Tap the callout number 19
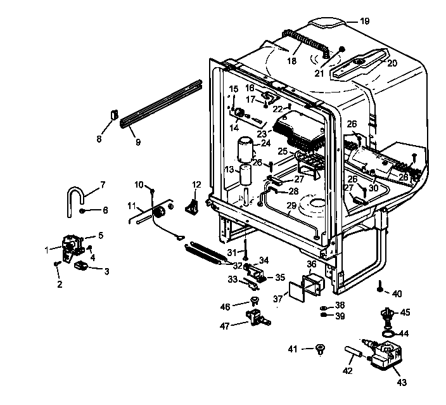[x=364, y=21]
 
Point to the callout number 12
[x=196, y=184]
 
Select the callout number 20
[x=392, y=63]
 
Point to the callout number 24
[x=265, y=143]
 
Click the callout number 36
[x=311, y=264]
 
